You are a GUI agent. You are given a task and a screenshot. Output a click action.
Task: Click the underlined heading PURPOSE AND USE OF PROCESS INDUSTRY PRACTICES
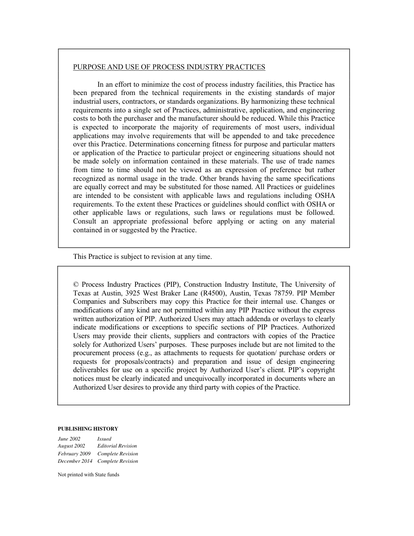(x=169, y=67)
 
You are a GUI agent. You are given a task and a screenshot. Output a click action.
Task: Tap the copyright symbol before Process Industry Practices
(x=76, y=284)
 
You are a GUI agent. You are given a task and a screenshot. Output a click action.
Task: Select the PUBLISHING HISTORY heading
(x=88, y=429)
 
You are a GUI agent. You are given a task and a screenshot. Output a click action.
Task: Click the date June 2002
(x=69, y=439)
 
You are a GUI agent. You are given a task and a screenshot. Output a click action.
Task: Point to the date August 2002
(x=71, y=446)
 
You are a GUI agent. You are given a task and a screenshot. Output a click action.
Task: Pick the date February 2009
(x=74, y=454)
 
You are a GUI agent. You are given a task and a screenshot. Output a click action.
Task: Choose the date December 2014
(x=75, y=461)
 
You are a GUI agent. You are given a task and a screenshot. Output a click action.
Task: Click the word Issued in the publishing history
(x=104, y=439)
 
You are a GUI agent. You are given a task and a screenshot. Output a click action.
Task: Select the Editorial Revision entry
(x=117, y=446)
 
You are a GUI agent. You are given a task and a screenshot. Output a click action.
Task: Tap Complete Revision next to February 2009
(x=118, y=454)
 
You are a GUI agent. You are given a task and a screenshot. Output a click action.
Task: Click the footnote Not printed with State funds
(x=88, y=475)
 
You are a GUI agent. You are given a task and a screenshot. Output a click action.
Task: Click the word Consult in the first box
(x=85, y=221)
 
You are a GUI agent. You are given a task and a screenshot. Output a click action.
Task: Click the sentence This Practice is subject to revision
(x=143, y=257)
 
